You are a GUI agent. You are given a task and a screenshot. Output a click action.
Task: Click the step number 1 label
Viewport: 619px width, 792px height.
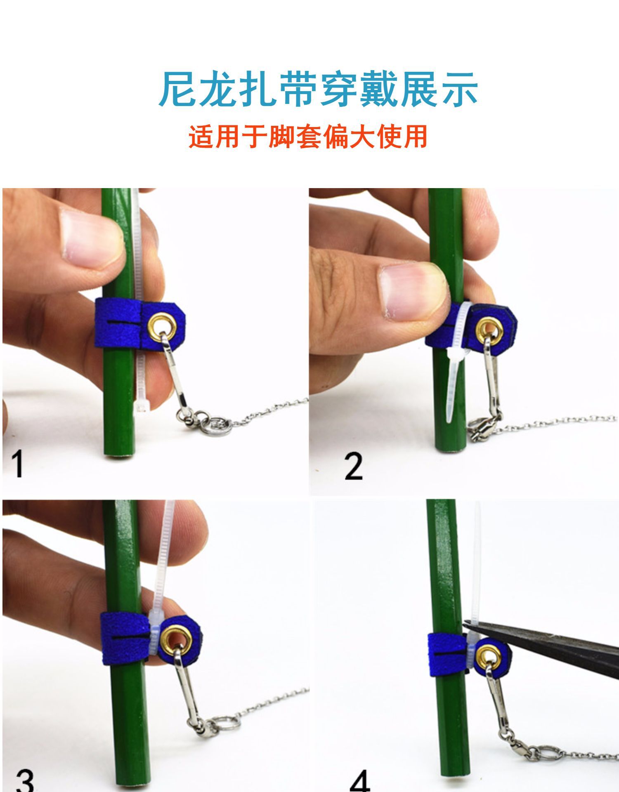point(17,464)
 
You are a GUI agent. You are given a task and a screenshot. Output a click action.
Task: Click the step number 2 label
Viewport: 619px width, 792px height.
point(354,466)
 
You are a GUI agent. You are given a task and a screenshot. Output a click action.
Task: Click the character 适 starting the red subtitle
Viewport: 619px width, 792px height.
point(201,137)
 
